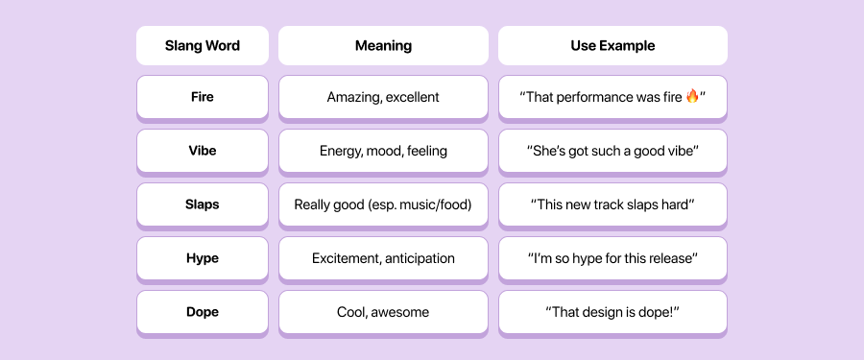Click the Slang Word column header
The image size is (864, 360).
click(x=202, y=45)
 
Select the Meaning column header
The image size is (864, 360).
click(x=383, y=45)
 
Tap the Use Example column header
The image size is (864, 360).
click(x=612, y=45)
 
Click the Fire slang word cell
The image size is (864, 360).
click(x=202, y=97)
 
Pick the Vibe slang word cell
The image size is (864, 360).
click(x=202, y=151)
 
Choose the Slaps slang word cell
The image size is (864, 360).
click(x=202, y=204)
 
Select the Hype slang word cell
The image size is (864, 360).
click(x=202, y=258)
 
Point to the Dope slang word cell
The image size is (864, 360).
click(x=202, y=312)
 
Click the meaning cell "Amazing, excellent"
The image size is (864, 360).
click(x=383, y=97)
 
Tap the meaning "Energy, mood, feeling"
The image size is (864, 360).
click(x=383, y=151)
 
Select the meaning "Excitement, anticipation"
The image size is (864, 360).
click(x=383, y=258)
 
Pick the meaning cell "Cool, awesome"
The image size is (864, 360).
click(x=383, y=312)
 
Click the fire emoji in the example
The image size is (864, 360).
click(x=692, y=96)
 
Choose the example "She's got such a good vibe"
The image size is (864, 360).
click(x=612, y=151)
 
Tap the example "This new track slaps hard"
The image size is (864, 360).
click(x=612, y=204)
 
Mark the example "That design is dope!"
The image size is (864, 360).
click(x=612, y=312)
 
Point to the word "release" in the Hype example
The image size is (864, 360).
click(x=667, y=258)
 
